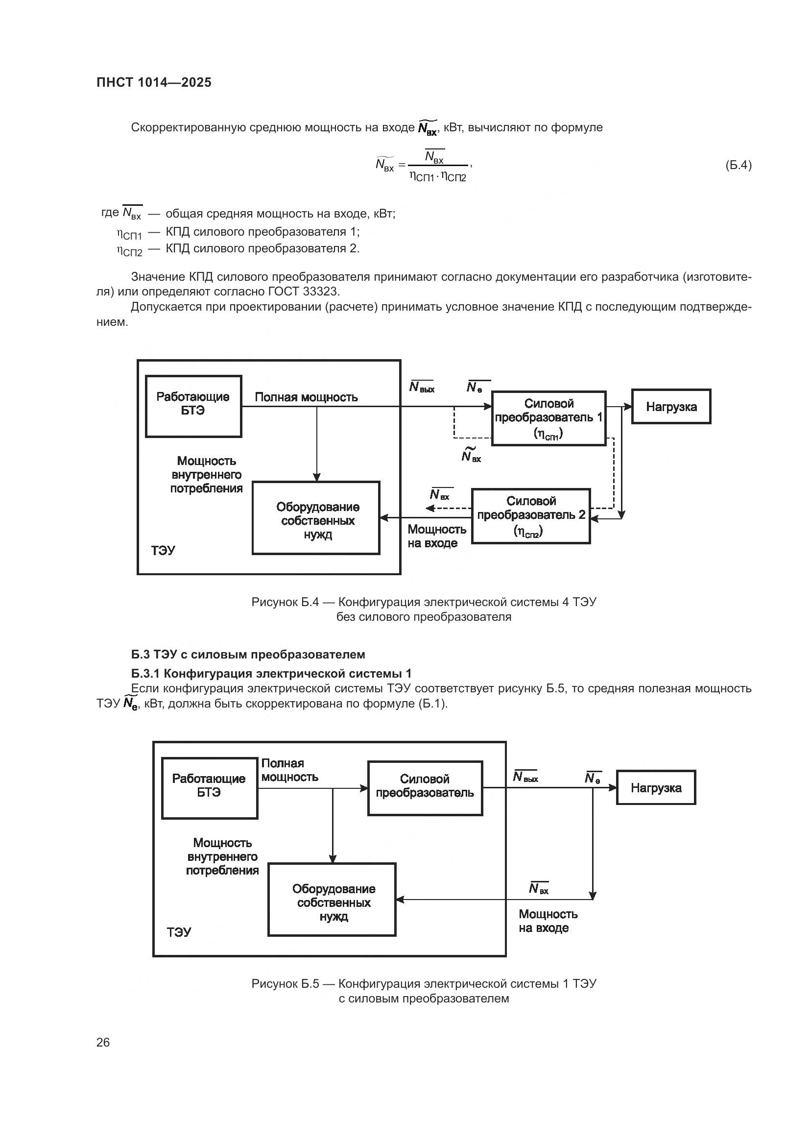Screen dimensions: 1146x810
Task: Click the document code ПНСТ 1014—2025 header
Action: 154,83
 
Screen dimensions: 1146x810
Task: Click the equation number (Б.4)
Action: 738,165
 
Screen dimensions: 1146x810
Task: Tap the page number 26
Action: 103,1042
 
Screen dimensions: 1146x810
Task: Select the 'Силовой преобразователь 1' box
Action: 548,418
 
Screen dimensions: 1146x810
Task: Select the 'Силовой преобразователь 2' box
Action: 531,516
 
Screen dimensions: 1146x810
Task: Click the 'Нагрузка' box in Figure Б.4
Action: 671,407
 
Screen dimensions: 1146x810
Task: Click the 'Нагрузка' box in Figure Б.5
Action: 656,788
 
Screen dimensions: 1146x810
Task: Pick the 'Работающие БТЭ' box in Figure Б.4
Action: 193,406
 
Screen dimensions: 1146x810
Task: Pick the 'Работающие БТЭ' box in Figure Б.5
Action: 210,788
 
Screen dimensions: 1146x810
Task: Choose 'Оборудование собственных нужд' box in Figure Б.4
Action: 316,518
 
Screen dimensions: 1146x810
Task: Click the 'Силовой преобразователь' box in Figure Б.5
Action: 425,788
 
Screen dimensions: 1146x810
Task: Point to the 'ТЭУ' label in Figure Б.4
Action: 163,551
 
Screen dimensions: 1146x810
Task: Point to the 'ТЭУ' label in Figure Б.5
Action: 179,932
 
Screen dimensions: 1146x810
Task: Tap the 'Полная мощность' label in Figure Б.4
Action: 306,397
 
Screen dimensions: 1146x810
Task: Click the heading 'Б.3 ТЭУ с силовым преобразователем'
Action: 248,655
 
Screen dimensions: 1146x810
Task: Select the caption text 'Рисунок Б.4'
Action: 285,602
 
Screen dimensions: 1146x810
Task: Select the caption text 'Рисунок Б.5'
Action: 285,983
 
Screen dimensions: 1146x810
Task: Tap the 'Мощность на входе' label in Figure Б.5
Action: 548,921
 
